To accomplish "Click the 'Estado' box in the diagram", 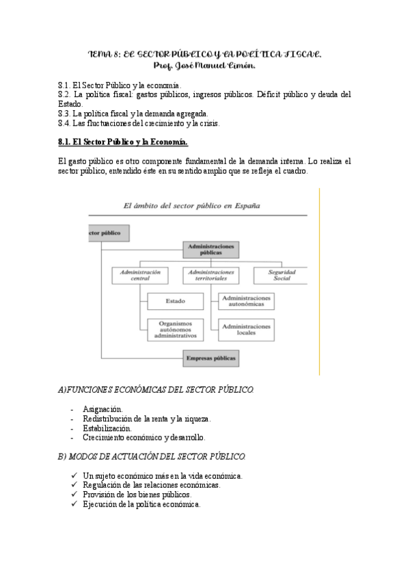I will (x=176, y=301).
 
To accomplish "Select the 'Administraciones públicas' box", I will (x=210, y=249).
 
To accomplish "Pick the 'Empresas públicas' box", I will (x=210, y=357).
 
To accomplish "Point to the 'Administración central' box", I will (x=140, y=275).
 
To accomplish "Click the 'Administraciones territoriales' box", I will (x=210, y=275).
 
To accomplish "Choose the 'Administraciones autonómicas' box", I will (x=246, y=301).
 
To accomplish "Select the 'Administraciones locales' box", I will (x=246, y=330).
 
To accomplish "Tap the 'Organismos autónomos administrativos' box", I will (x=176, y=330).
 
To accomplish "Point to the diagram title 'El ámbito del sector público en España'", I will (x=191, y=205).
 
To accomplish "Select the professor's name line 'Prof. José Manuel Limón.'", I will (x=205, y=66).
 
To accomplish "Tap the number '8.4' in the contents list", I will (x=65, y=123).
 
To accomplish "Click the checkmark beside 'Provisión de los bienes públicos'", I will (x=73, y=494).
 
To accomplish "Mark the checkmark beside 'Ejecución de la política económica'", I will (x=73, y=504).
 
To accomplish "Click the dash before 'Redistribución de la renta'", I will (x=72, y=419).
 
